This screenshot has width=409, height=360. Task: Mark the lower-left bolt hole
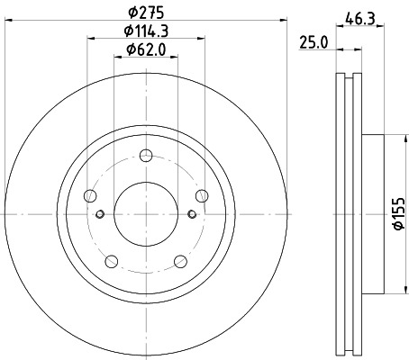pos(110,262)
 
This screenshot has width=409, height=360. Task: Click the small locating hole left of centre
pos(100,213)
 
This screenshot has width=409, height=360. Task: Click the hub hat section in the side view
pos(374,213)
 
